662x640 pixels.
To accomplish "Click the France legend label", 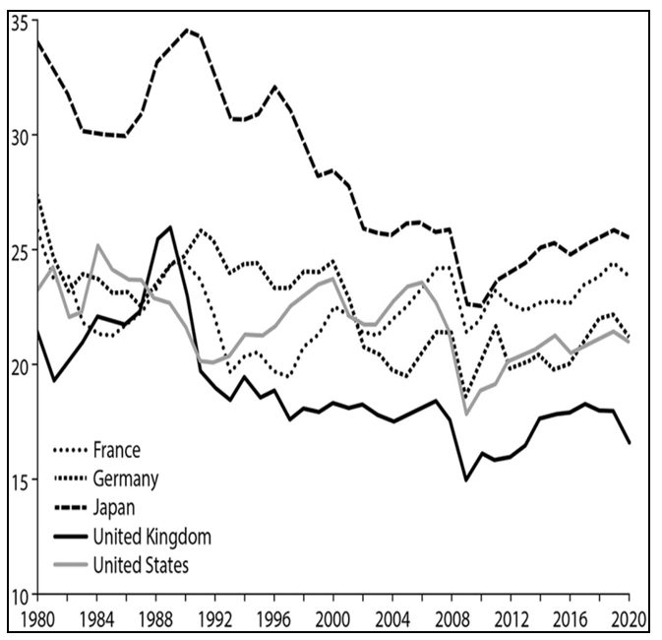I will [117, 451].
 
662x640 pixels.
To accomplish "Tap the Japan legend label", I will [113, 508].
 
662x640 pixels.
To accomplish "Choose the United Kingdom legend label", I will [152, 537].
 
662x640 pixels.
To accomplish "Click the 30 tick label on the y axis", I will [20, 135].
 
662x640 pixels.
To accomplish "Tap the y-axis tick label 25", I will [20, 250].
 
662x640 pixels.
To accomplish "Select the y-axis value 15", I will [20, 480].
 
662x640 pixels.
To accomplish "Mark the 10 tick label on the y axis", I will [20, 595].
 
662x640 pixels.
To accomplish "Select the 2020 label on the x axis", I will [626, 620].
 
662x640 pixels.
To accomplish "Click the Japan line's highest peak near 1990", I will [187, 30].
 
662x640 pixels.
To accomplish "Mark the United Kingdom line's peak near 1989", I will [171, 227].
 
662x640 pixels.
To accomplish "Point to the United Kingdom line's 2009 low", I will [466, 480].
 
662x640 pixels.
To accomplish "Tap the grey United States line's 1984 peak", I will [97, 245].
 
